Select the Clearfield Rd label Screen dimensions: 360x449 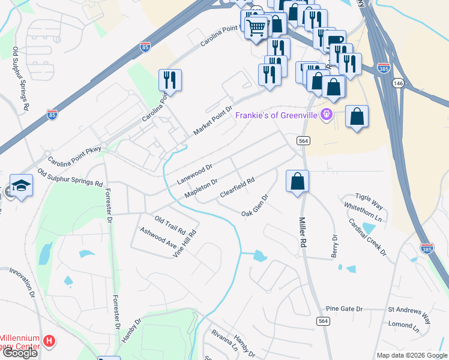[237, 187]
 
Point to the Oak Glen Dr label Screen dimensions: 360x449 [255, 205]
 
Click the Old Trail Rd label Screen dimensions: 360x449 [170, 225]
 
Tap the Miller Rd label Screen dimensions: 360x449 [303, 233]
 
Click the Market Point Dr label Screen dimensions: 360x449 [212, 121]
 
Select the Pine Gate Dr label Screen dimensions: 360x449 [345, 308]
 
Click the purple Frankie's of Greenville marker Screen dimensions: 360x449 [326, 114]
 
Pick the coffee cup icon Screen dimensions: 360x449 [336, 41]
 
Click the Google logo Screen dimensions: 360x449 [20, 353]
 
